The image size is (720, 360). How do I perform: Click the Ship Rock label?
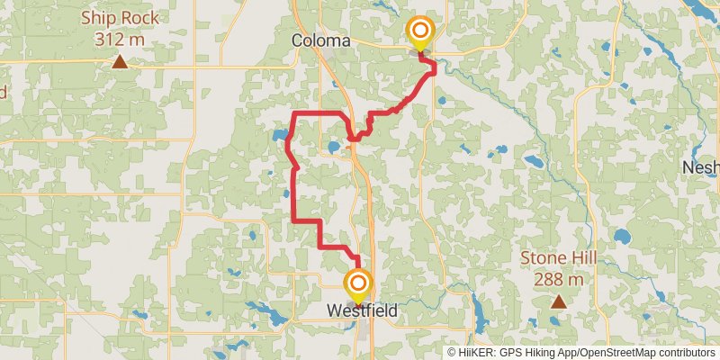[120, 18]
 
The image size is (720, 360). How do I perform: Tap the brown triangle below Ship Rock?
[120, 62]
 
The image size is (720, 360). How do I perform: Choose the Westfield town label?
[361, 310]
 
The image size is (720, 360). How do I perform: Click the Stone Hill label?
[559, 258]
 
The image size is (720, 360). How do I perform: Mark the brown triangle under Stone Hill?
[559, 302]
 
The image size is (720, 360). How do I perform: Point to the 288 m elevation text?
[559, 279]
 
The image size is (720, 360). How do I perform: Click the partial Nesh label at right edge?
[700, 167]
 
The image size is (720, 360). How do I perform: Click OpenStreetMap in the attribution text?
[619, 353]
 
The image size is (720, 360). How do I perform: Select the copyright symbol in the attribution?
[452, 353]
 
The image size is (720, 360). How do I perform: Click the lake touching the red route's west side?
[279, 139]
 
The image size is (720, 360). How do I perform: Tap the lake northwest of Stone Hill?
[534, 162]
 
